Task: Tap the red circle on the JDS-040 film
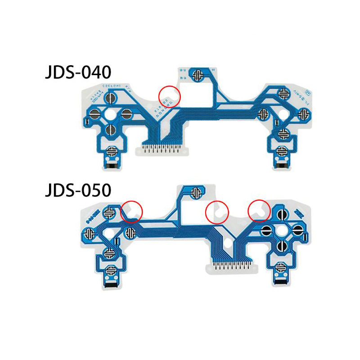coord(170,95)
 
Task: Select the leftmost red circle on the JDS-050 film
coord(132,211)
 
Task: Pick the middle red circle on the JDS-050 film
coord(217,211)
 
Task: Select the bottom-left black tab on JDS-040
coord(112,166)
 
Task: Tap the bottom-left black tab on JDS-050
coord(111,284)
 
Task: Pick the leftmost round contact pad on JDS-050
coord(89,234)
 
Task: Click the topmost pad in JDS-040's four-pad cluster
coord(110,97)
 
